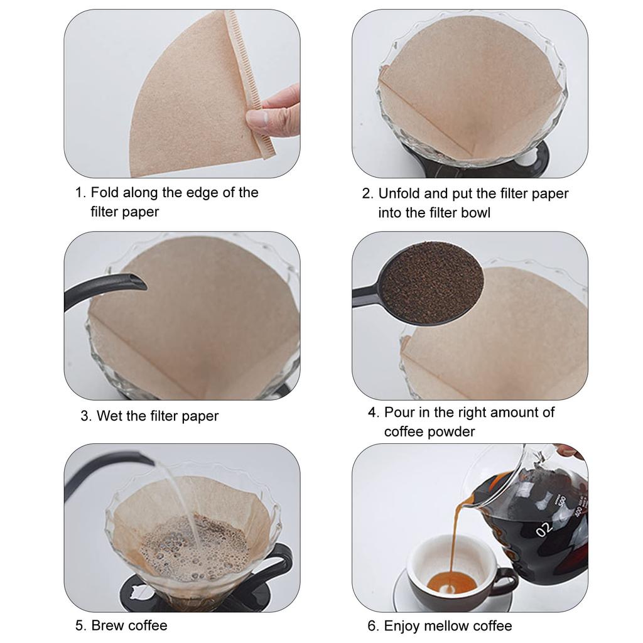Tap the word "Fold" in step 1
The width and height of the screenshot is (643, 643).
click(105, 192)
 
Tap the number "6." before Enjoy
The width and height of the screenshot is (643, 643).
click(373, 626)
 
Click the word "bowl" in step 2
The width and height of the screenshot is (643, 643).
click(475, 213)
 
